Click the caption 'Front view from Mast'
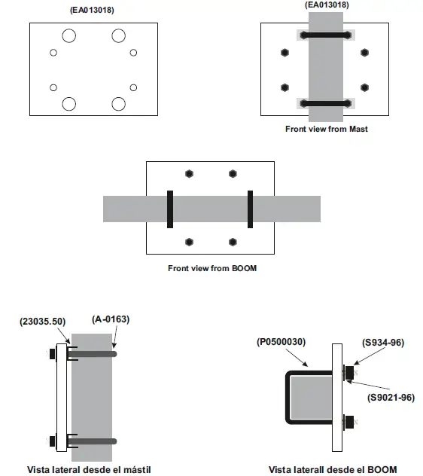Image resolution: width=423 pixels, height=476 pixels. point(326,129)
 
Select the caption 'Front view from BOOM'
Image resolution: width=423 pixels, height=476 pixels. point(211,267)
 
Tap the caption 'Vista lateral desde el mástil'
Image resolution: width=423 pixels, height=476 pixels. point(89,469)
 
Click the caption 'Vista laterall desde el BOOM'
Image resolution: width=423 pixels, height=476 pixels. point(332,469)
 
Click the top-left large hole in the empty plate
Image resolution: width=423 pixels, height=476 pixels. point(69,35)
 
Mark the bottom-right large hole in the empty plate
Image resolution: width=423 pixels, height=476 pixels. point(118,103)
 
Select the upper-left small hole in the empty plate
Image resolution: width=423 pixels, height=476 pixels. point(53,53)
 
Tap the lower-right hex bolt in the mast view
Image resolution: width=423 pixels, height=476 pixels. point(365,87)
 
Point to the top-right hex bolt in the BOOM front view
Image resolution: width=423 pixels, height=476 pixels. point(233,173)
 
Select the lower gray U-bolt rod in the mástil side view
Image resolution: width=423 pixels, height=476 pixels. point(93,441)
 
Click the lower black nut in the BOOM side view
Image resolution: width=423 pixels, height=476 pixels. point(349,423)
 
